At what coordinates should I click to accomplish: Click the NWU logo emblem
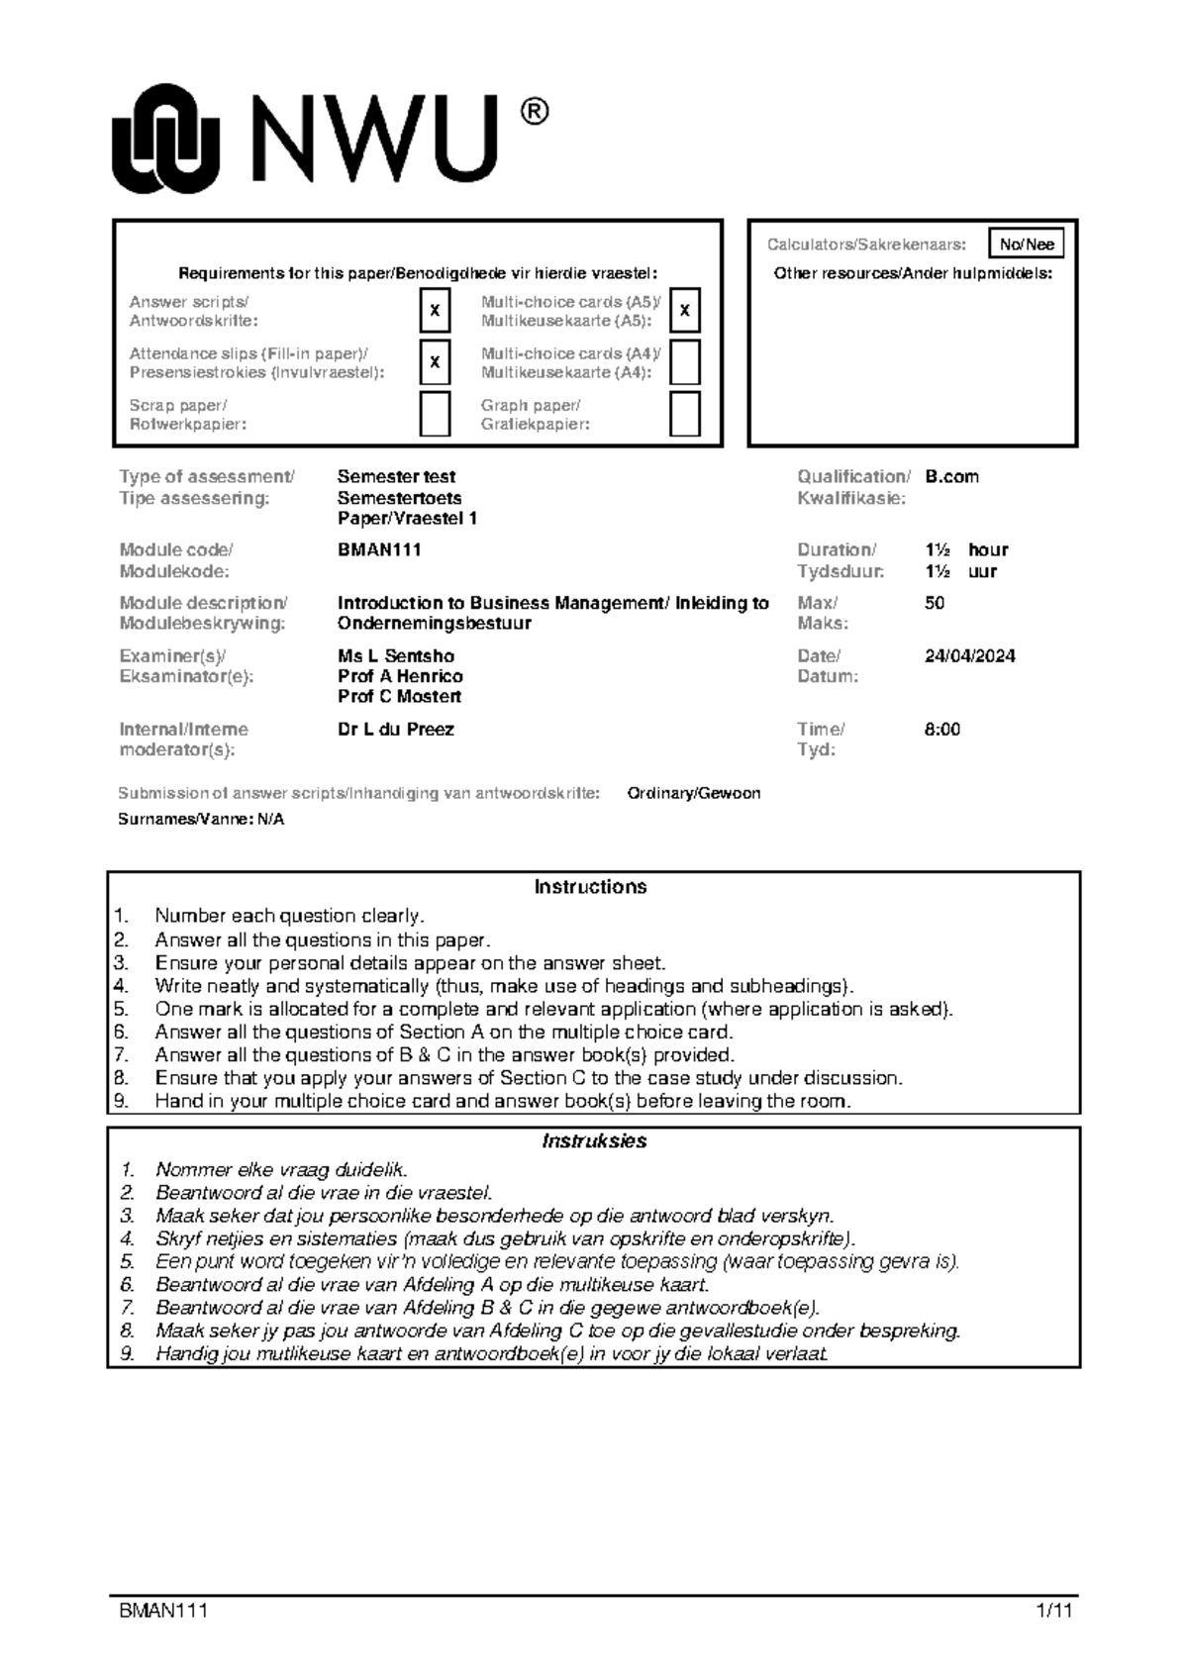164,139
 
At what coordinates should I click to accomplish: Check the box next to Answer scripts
435,311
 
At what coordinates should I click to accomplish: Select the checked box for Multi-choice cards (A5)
685,311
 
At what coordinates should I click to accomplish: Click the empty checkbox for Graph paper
685,414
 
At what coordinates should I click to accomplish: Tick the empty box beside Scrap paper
435,414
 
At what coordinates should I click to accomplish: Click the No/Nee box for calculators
1027,245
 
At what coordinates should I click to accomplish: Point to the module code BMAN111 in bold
379,549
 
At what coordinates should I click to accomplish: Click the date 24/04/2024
969,655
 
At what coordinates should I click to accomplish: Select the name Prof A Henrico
400,676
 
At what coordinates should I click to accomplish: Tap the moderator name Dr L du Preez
396,729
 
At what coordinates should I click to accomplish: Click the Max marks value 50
934,603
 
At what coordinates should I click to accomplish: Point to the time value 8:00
941,729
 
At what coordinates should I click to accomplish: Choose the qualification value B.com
951,476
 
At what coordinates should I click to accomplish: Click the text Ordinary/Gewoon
694,793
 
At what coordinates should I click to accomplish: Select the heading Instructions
590,887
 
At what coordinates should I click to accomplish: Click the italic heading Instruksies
594,1140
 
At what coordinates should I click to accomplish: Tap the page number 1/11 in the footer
1053,1611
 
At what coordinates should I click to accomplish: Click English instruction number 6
444,1032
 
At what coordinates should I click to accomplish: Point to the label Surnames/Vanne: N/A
201,820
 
